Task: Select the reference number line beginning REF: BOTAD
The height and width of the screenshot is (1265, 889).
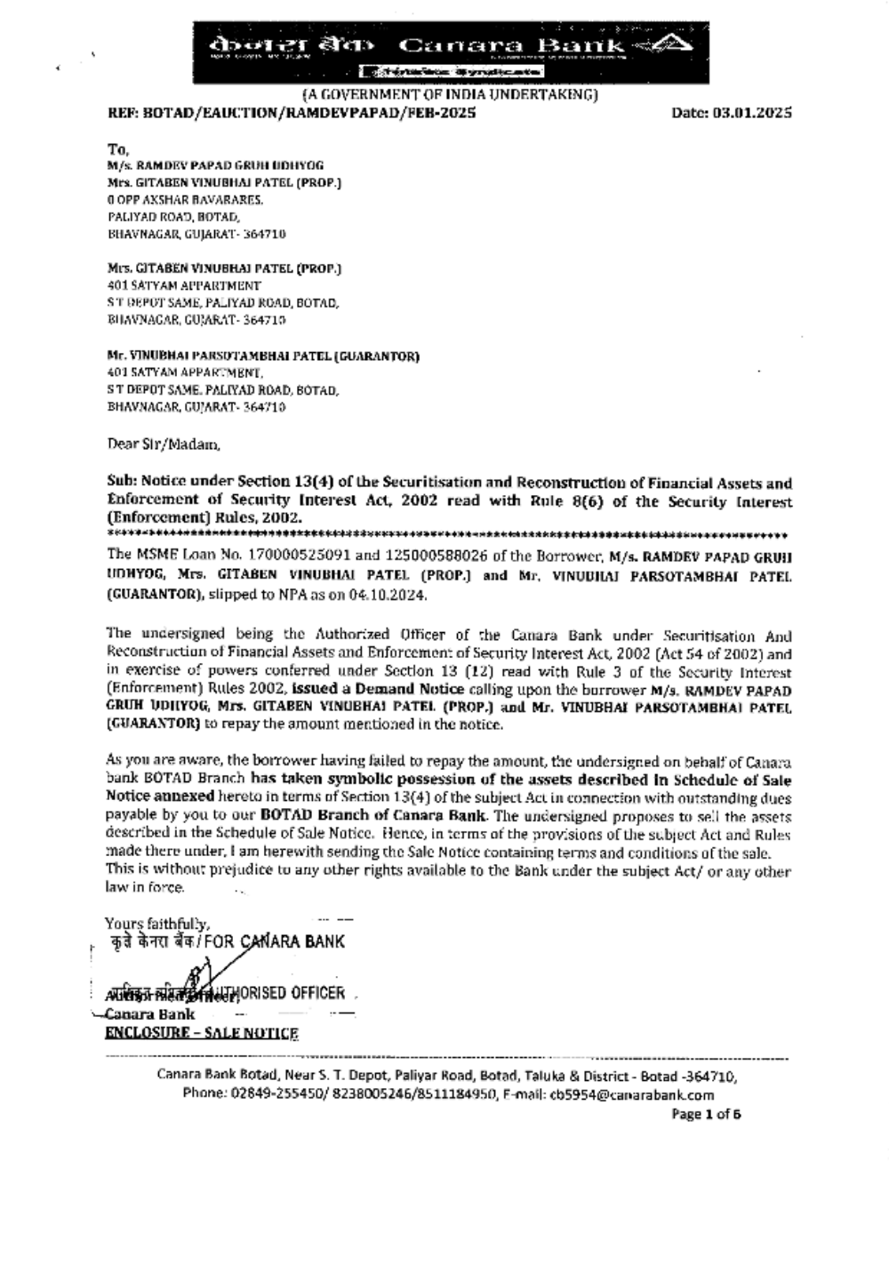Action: pyautogui.click(x=292, y=113)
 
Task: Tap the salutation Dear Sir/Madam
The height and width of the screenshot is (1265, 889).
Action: pyautogui.click(x=163, y=444)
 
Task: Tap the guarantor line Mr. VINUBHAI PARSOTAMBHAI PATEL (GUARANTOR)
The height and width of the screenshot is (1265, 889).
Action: pyautogui.click(x=263, y=356)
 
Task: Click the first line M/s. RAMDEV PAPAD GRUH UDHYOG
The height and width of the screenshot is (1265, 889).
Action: pyautogui.click(x=215, y=165)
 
